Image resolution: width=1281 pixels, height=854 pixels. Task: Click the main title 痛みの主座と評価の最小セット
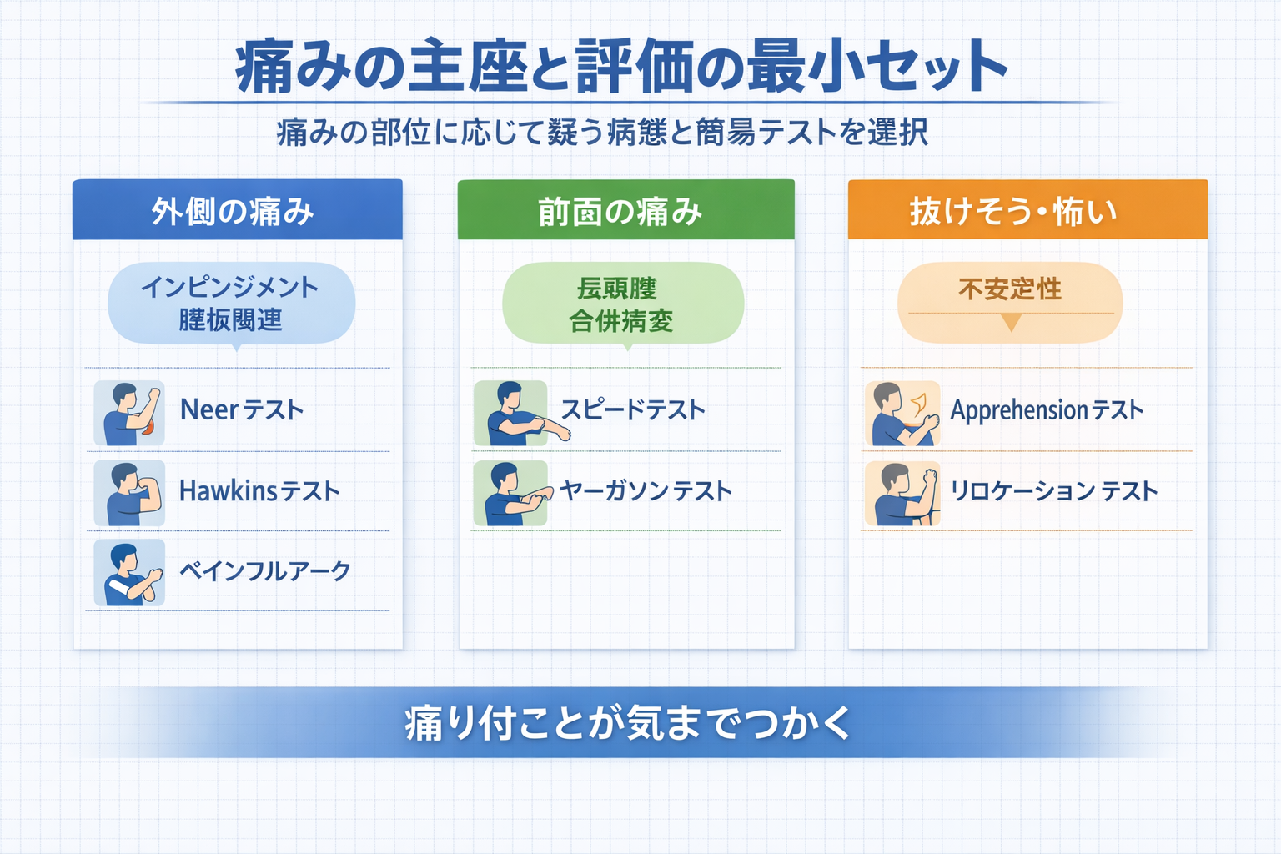coord(621,66)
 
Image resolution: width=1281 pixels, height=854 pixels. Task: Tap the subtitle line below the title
coord(602,133)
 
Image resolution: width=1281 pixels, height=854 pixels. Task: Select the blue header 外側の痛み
coord(234,211)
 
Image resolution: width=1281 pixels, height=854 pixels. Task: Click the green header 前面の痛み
coord(620,211)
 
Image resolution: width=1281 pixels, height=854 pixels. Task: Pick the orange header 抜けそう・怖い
coord(1012,211)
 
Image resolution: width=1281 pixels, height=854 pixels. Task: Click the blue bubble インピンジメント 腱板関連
coord(230,304)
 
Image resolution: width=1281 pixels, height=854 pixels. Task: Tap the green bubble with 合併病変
coord(621,304)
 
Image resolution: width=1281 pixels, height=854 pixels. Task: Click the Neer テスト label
coord(242,410)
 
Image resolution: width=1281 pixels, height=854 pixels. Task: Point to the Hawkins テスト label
coord(259,491)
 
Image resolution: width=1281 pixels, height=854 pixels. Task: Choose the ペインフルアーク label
coord(265,571)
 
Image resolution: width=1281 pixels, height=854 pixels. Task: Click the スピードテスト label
coord(633,409)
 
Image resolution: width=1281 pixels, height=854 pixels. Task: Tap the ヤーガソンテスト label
coord(646,491)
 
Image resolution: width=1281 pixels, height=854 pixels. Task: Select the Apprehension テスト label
coord(1047,410)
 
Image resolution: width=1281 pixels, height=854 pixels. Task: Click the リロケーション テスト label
coord(1054,491)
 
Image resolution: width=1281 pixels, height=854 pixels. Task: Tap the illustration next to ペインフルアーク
coord(129,573)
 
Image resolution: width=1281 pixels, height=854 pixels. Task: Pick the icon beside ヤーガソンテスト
coord(510,494)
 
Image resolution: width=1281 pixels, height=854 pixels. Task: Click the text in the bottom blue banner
coord(627,723)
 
